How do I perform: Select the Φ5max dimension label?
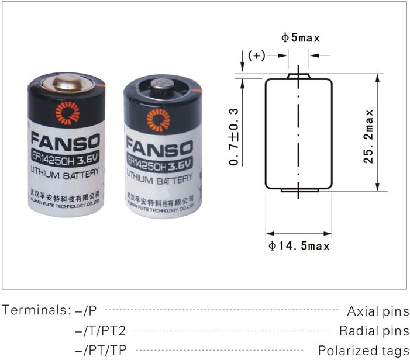[301, 39]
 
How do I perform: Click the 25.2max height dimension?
[368, 134]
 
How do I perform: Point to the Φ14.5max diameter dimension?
[299, 246]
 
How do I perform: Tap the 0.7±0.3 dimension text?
[234, 136]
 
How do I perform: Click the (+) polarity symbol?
[257, 56]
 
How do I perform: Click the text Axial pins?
[378, 311]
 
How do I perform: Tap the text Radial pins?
[374, 331]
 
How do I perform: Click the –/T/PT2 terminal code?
[100, 331]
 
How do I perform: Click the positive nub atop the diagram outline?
[298, 76]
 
